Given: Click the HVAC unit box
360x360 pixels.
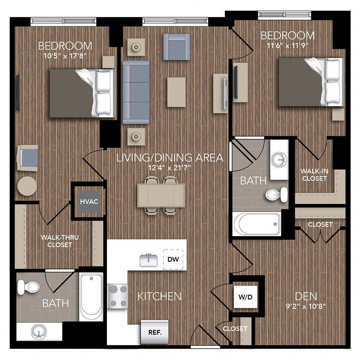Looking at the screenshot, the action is click(x=89, y=201).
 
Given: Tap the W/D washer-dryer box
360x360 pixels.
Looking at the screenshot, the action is click(x=245, y=297).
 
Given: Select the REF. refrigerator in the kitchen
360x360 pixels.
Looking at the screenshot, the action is click(x=155, y=332).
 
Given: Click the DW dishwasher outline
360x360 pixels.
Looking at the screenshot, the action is click(x=173, y=259).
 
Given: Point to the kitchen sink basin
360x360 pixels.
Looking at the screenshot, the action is click(x=149, y=261).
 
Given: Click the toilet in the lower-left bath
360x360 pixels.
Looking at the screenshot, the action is click(x=28, y=287).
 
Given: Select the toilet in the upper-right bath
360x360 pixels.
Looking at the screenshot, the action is click(x=276, y=194).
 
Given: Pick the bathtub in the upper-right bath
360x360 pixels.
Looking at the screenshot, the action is click(x=257, y=224).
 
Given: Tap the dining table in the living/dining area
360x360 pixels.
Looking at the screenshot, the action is click(x=161, y=195).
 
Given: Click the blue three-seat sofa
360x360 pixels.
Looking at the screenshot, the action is click(x=136, y=92).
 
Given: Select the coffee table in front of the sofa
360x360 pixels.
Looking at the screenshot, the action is click(x=176, y=92).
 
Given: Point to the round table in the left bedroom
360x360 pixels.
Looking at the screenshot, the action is click(x=27, y=186).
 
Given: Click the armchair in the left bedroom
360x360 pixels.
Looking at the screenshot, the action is click(x=27, y=158).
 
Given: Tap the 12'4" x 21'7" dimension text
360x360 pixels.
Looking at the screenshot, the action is click(x=170, y=168).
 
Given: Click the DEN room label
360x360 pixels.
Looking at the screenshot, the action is click(x=306, y=296).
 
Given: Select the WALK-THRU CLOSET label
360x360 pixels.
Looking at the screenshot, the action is click(x=60, y=241).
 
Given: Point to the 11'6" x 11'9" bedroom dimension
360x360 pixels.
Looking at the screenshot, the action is click(x=288, y=45).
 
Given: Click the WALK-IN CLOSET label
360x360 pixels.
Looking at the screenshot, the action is click(x=314, y=175).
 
